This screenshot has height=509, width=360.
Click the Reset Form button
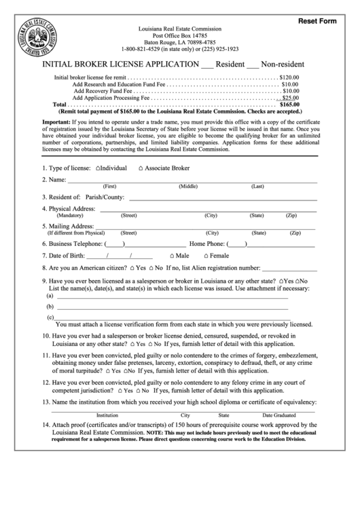(317, 21)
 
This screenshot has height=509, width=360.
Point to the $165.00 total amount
(290, 105)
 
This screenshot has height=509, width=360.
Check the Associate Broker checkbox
(141, 167)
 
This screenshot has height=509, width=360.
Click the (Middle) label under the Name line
(188, 186)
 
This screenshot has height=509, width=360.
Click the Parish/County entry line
(223, 198)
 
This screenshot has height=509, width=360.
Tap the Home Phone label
(207, 243)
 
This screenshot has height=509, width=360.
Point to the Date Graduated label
(279, 415)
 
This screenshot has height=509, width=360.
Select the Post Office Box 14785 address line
(179, 35)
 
